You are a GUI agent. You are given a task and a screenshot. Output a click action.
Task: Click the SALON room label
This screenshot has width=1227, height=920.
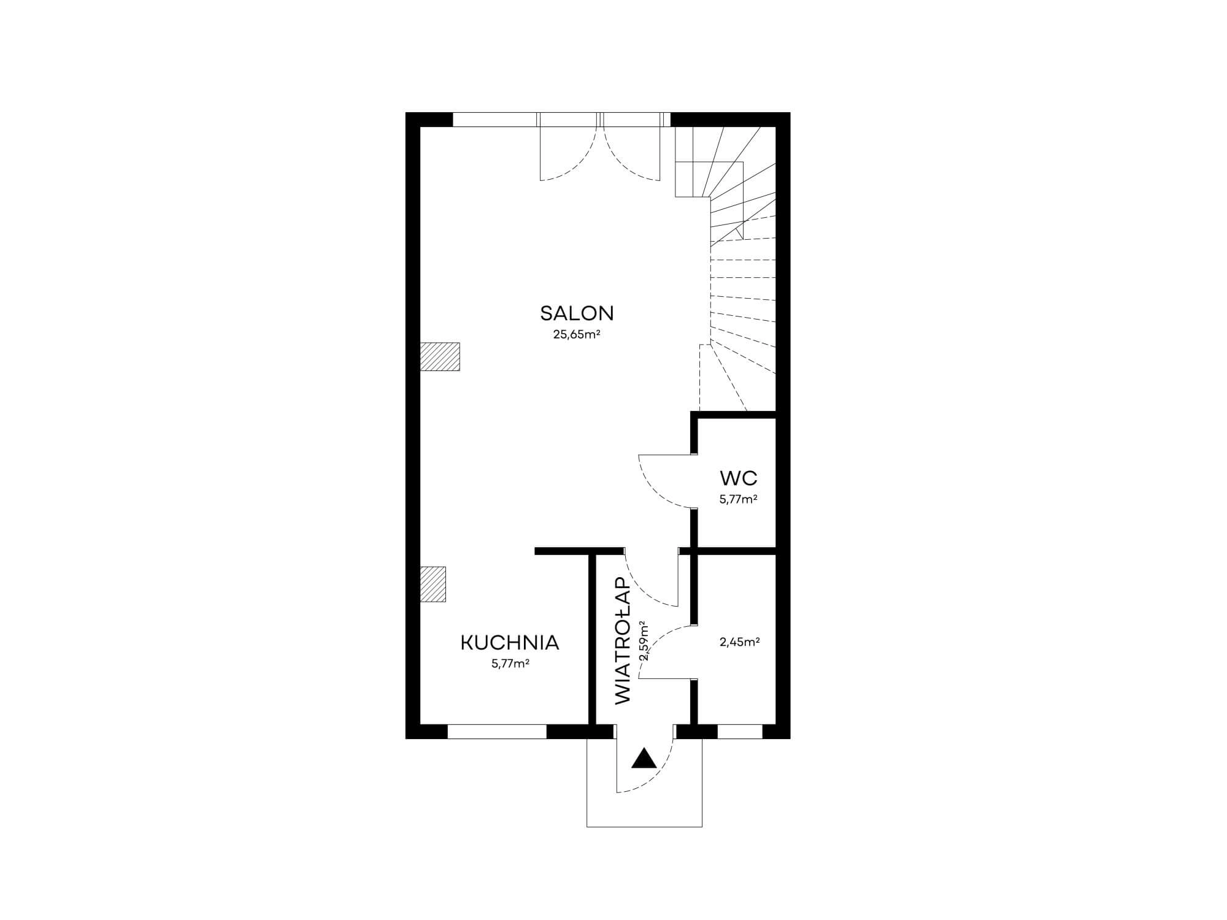click(x=577, y=313)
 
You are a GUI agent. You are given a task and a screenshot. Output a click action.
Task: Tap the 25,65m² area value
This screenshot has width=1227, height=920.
click(x=577, y=335)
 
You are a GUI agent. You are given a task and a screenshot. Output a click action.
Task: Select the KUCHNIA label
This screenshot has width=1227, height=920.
click(x=510, y=643)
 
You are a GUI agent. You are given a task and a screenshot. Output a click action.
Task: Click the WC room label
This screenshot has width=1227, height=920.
click(x=739, y=478)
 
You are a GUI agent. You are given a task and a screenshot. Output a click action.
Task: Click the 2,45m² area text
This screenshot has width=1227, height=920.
click(x=739, y=642)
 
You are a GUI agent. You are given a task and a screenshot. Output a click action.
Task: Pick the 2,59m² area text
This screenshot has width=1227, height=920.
click(x=644, y=642)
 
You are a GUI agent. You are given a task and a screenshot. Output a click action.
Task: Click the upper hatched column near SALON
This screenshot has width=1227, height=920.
click(x=440, y=356)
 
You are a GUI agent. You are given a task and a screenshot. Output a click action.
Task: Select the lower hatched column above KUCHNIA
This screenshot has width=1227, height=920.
click(x=433, y=584)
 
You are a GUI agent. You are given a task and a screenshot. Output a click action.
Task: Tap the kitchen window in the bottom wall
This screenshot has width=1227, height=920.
click(x=497, y=732)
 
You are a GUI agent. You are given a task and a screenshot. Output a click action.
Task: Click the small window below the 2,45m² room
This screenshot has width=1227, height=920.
click(x=740, y=732)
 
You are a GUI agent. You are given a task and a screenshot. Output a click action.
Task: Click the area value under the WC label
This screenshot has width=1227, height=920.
click(x=739, y=499)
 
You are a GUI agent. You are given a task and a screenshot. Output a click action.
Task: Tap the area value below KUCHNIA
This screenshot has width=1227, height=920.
click(x=510, y=664)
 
